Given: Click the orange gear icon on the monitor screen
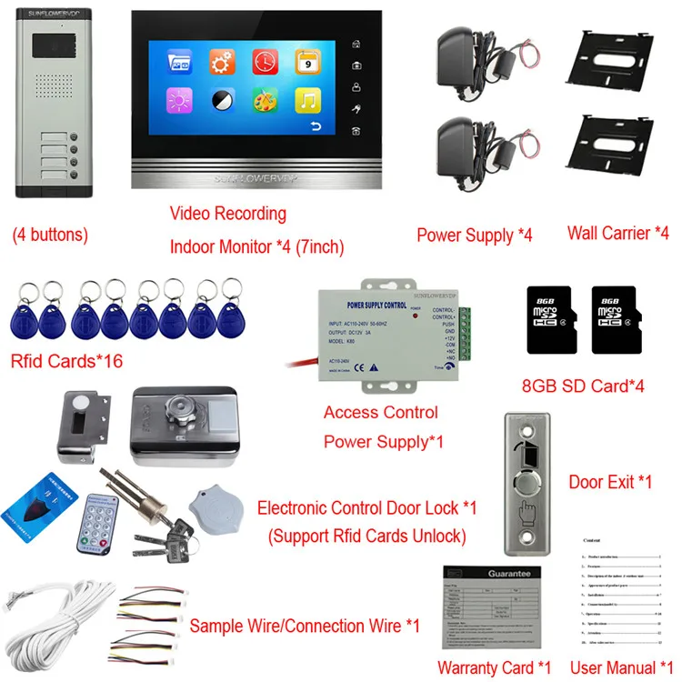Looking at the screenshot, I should coord(222,63).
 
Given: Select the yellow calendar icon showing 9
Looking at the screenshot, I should coord(307,63).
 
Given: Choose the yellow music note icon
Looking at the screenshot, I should coord(307,101).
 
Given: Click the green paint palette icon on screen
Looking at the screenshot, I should coord(265,101).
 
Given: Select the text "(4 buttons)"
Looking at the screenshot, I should coord(50,235).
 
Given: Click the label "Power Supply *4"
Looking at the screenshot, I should coord(474,236).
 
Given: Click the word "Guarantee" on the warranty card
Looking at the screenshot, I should coord(489,574).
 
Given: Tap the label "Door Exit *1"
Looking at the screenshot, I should coord(609,481).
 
